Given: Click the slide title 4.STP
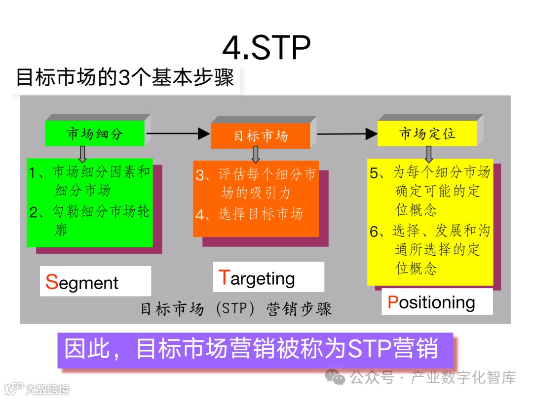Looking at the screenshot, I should coord(266,48).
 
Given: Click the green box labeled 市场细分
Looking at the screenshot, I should coord(95,133).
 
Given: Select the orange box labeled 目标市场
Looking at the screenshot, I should coord(261,136).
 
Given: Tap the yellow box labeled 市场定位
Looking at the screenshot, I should coord(427,133).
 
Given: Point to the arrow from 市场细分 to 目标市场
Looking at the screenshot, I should coord(178,133).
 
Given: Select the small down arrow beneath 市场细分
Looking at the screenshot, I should coord(82,153).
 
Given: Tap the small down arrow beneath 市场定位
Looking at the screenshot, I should coord(429,154).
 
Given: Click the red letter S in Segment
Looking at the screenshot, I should coord(52,282).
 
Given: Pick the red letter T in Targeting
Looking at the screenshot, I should coord(224,277).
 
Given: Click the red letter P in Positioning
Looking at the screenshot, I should coord(393,302).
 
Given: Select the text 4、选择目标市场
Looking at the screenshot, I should coord(249,214).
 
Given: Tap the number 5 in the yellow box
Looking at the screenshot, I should coord(374,173).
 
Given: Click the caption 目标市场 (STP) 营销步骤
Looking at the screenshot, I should coord(236,309).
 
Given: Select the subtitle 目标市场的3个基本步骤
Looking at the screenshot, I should coord(125,78).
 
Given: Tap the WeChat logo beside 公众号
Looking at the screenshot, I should coord(338,378).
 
